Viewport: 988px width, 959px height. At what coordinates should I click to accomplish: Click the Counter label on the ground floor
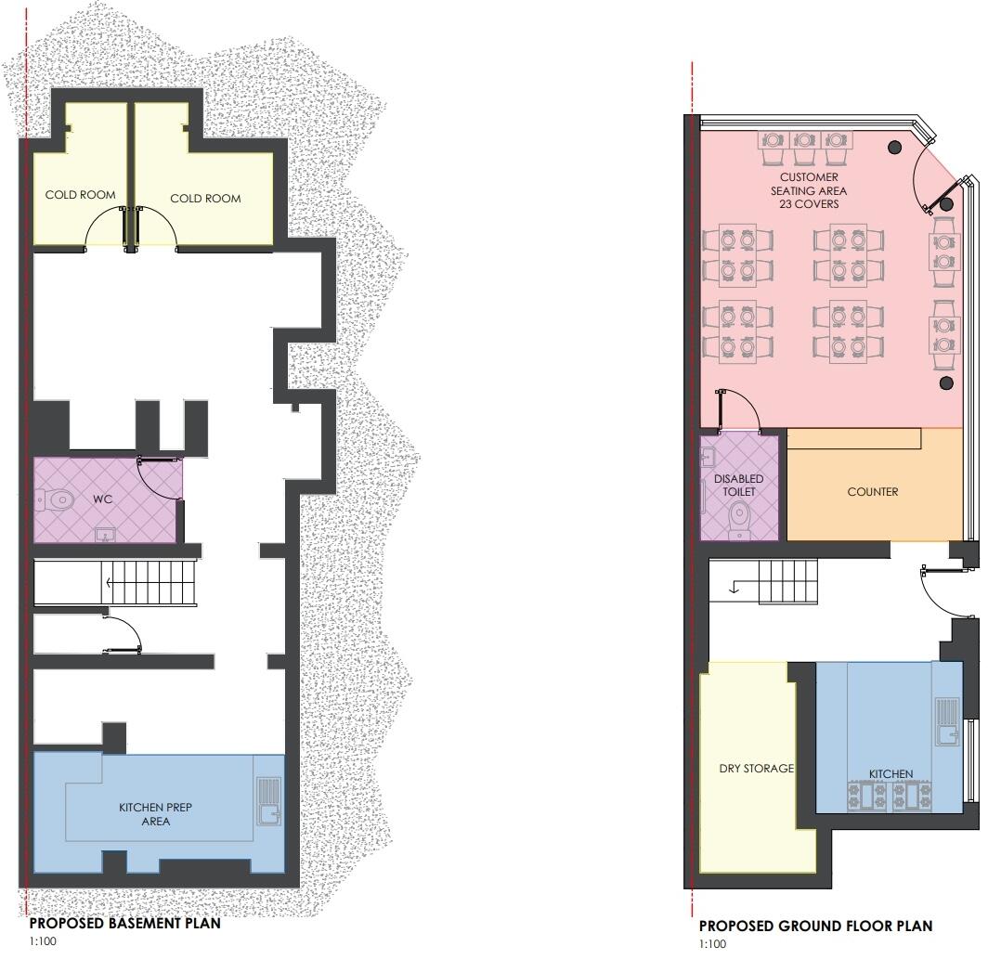point(872,491)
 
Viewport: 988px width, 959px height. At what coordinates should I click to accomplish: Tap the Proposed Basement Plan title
point(124,924)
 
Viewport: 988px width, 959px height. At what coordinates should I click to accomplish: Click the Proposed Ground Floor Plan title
point(815,926)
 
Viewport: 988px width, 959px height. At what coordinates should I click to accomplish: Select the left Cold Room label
point(81,195)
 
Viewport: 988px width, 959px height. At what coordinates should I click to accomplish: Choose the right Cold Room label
point(205,198)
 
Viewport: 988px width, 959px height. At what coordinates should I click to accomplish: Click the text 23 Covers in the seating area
point(808,204)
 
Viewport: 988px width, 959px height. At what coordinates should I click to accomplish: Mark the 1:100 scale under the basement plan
point(44,941)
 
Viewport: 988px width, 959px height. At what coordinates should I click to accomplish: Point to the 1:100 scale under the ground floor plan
point(712,944)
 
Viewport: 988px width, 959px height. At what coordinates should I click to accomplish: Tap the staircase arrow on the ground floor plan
point(733,586)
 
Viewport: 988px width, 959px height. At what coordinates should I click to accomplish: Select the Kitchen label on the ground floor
point(890,773)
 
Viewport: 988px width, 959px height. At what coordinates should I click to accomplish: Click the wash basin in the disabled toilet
point(708,456)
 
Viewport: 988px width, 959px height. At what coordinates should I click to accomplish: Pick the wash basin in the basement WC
point(104,533)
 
